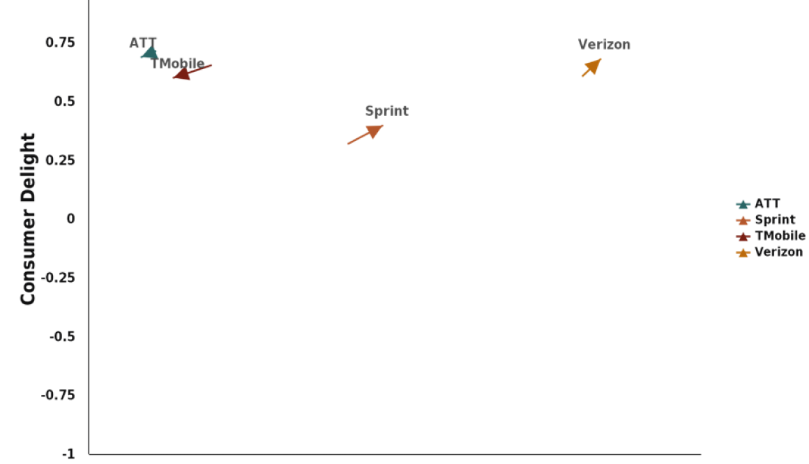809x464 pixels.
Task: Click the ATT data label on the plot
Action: (x=143, y=43)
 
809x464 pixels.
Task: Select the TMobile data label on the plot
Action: (x=178, y=64)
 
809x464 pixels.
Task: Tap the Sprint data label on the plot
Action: (x=386, y=111)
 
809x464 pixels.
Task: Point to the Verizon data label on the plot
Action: (x=604, y=45)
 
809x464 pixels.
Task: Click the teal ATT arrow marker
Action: (x=149, y=54)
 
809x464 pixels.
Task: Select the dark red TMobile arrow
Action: (x=192, y=71)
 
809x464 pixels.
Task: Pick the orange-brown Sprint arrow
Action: (x=365, y=135)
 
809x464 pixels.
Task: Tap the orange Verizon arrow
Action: (x=591, y=67)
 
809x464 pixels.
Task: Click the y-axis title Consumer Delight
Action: (x=28, y=219)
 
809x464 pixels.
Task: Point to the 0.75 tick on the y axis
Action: (x=61, y=43)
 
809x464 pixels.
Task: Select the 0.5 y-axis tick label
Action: (x=64, y=101)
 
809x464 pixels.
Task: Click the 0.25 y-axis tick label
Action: (x=61, y=160)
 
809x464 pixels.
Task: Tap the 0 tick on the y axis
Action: (x=71, y=218)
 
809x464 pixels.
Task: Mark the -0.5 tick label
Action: (x=62, y=336)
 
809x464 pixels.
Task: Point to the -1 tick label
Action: (x=68, y=452)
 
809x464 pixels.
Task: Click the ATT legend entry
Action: (x=766, y=204)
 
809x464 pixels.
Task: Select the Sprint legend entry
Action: (x=774, y=220)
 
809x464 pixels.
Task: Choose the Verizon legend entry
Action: (x=778, y=253)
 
